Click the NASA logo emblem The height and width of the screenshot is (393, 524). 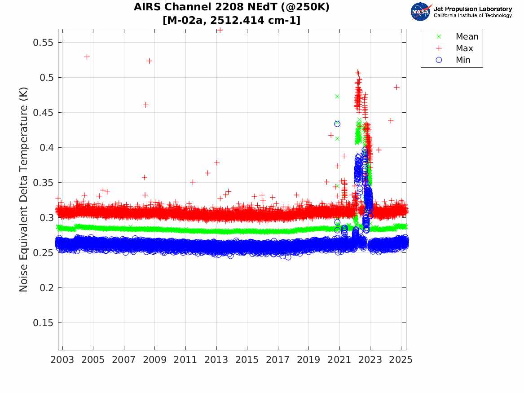pos(421,12)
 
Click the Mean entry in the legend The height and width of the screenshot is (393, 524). pos(467,37)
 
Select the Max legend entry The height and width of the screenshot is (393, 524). pos(464,49)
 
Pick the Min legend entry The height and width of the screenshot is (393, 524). pos(463,60)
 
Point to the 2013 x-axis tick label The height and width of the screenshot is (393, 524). pos(216,360)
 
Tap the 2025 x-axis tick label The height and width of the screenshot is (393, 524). pos(401,360)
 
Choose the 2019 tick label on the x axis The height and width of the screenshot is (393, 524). pos(308,360)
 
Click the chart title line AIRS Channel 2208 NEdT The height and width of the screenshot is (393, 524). pos(232,8)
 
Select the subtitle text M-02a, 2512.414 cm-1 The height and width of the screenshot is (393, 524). pos(232,20)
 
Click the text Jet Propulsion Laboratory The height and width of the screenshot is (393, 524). pos(472,9)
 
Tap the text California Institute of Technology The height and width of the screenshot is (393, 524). pos(472,16)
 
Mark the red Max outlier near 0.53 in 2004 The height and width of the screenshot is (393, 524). pos(87,57)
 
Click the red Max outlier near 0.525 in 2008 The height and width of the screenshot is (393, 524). pos(149,61)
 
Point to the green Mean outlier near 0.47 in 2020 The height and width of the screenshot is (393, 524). pos(337,96)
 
